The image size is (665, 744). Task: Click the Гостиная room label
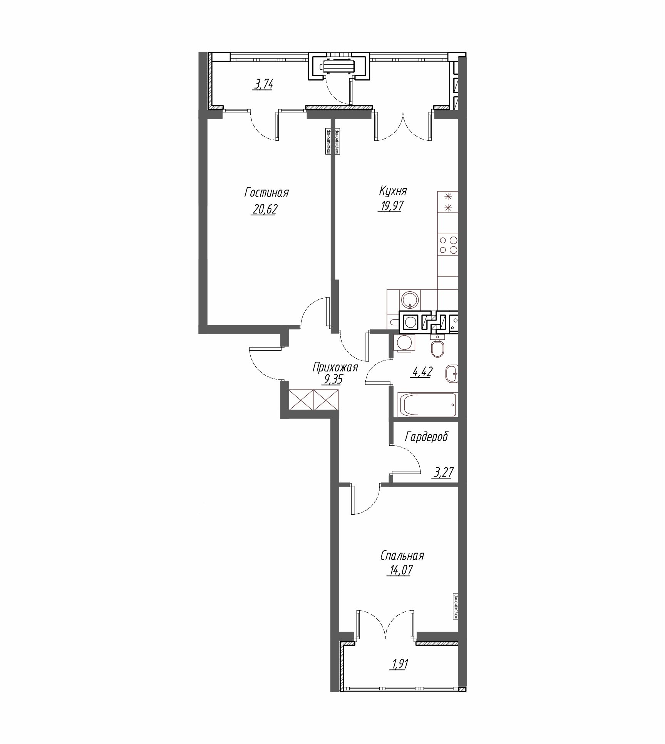click(266, 192)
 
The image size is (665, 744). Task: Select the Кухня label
click(393, 191)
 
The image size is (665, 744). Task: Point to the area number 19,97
click(390, 207)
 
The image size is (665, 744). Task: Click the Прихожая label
click(335, 367)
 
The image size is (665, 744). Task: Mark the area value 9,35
click(333, 380)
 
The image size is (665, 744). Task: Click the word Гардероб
click(427, 437)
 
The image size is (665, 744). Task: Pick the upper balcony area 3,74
click(263, 84)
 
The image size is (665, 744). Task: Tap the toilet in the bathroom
click(438, 347)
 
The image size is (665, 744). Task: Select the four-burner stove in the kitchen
click(448, 244)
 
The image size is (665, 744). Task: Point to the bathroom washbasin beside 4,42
click(451, 373)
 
